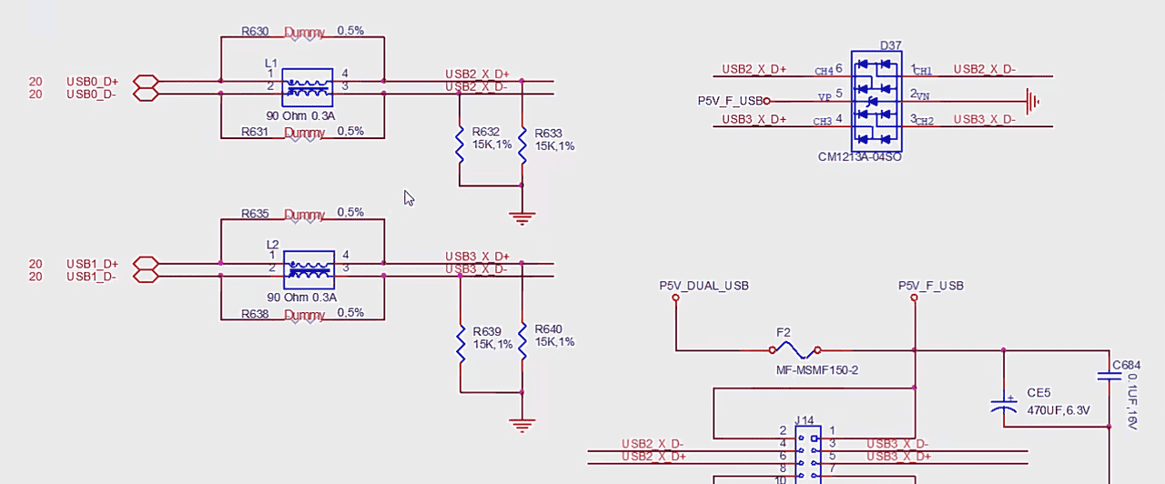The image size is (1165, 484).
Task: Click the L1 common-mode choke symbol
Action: (x=307, y=86)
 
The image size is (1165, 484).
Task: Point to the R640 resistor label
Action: (x=549, y=329)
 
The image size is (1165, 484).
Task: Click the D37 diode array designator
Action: (x=890, y=45)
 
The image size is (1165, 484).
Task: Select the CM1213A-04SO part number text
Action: (x=860, y=157)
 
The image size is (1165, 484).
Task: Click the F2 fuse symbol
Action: (x=795, y=349)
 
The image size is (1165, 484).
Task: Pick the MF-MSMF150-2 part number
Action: (x=816, y=370)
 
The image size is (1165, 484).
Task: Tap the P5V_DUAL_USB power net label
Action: (x=704, y=286)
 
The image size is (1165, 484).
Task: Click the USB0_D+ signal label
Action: (x=92, y=81)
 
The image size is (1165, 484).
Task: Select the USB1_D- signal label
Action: (x=91, y=277)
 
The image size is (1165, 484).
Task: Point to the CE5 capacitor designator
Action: (x=1038, y=393)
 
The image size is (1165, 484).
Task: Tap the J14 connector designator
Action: (x=805, y=420)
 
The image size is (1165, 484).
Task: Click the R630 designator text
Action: (x=255, y=31)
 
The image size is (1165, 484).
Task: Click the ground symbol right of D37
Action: (x=1032, y=101)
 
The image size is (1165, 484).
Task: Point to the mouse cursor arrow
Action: (x=409, y=197)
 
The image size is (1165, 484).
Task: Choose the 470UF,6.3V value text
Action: (x=1059, y=410)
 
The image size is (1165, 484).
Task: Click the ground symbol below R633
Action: (x=522, y=218)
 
